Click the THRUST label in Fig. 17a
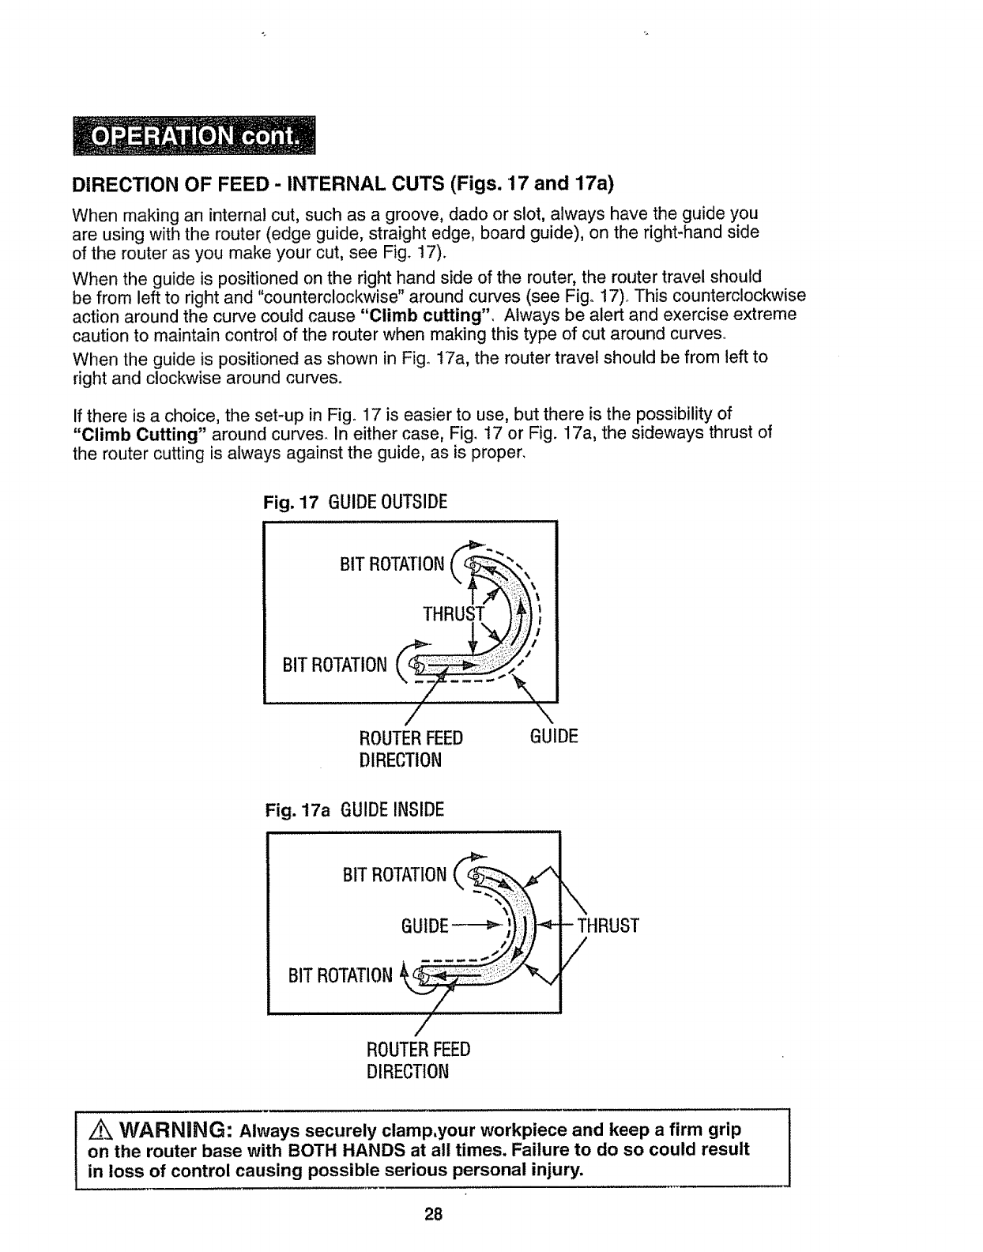(x=608, y=926)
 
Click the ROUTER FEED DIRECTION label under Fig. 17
(x=411, y=749)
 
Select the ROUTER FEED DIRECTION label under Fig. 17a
(x=418, y=1060)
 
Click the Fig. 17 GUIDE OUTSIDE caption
(x=355, y=502)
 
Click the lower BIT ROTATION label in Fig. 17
(x=335, y=665)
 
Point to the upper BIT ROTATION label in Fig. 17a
(x=394, y=875)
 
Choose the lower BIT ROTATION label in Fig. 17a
(x=340, y=975)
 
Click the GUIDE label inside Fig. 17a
(x=426, y=926)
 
